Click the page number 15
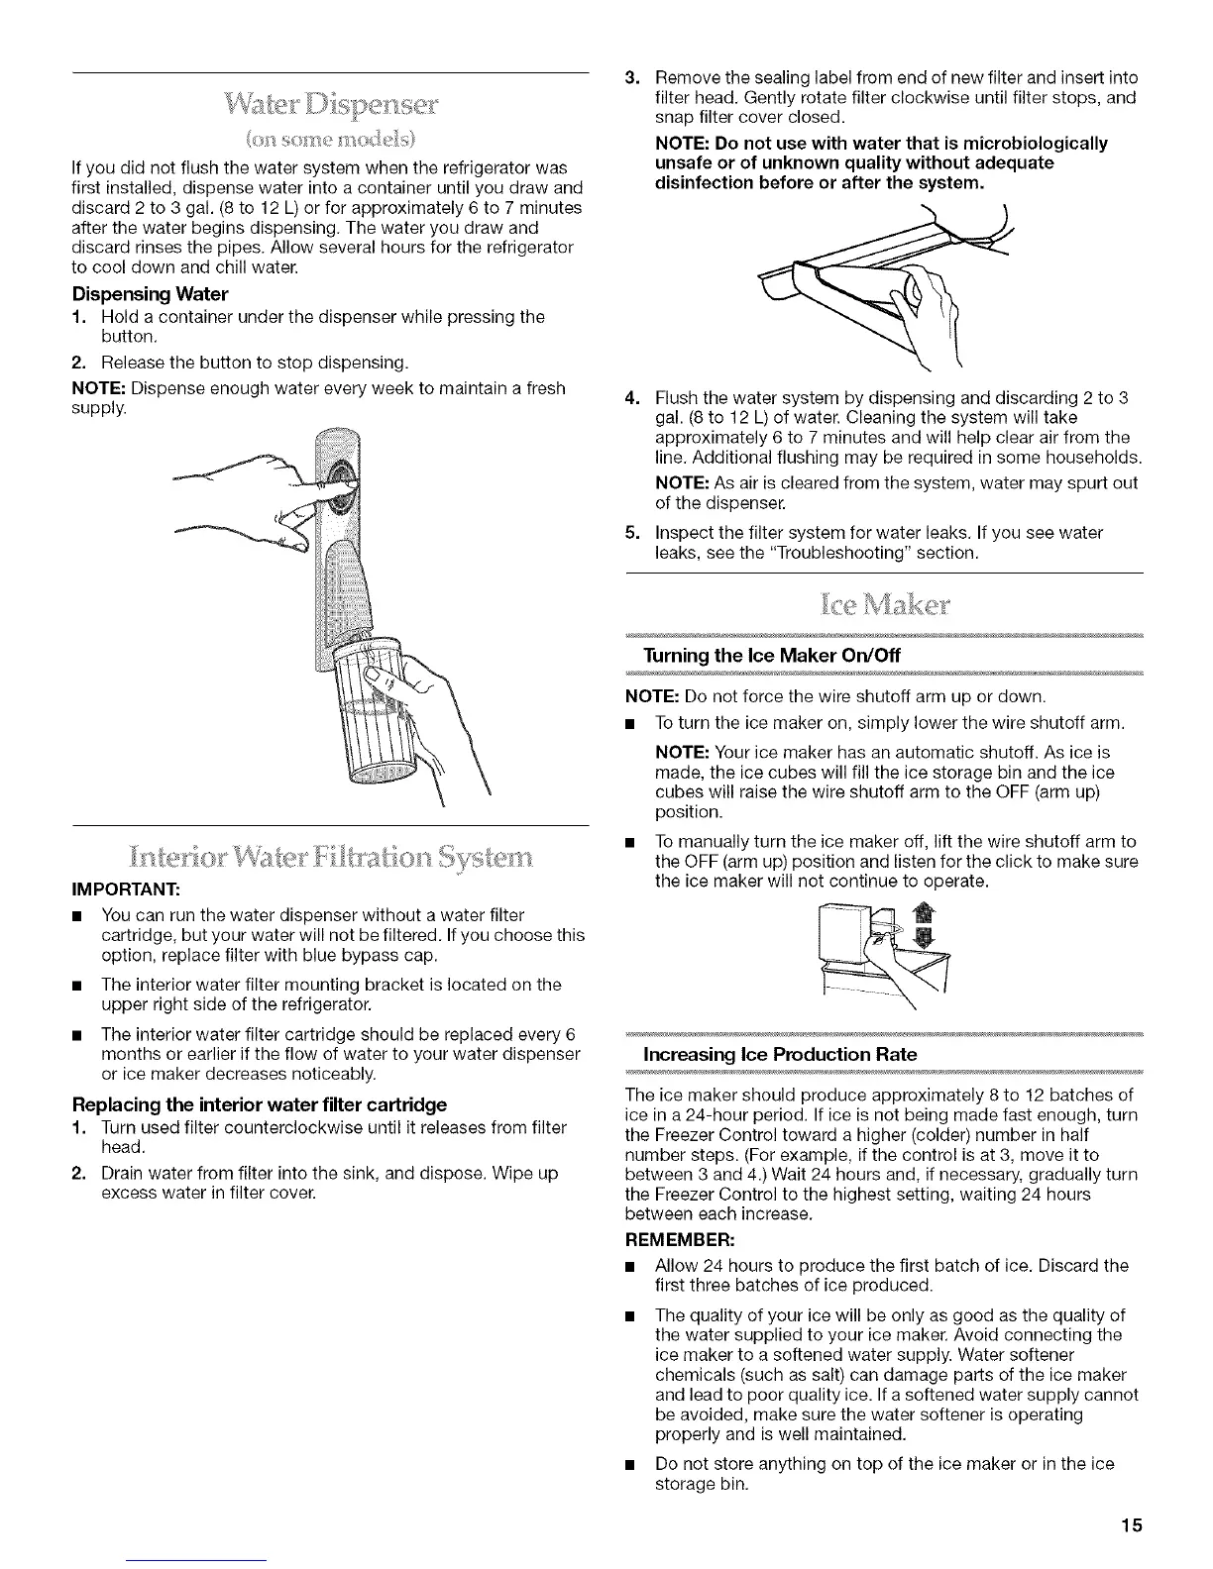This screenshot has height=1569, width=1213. [1133, 1524]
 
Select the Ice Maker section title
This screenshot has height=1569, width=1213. [884, 603]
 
